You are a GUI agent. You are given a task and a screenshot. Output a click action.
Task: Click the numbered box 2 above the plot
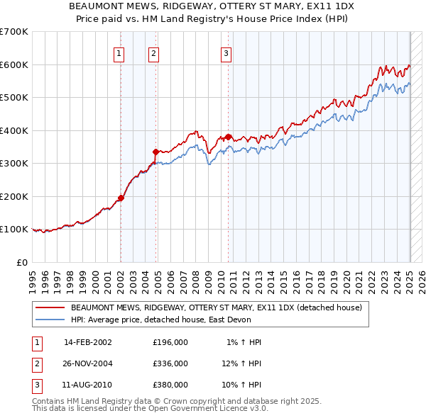tap(153, 52)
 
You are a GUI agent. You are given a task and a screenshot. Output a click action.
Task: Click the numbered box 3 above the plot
tap(226, 52)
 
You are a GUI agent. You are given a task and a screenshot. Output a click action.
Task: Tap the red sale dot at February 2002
tap(121, 198)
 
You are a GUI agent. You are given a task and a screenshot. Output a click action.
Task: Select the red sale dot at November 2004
tap(156, 151)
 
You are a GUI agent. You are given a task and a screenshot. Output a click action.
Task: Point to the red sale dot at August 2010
tap(229, 137)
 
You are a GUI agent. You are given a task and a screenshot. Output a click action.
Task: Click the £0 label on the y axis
tap(22, 262)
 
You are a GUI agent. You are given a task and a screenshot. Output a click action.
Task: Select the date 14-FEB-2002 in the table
tap(88, 342)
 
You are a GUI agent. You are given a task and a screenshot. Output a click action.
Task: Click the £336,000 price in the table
tap(170, 363)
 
